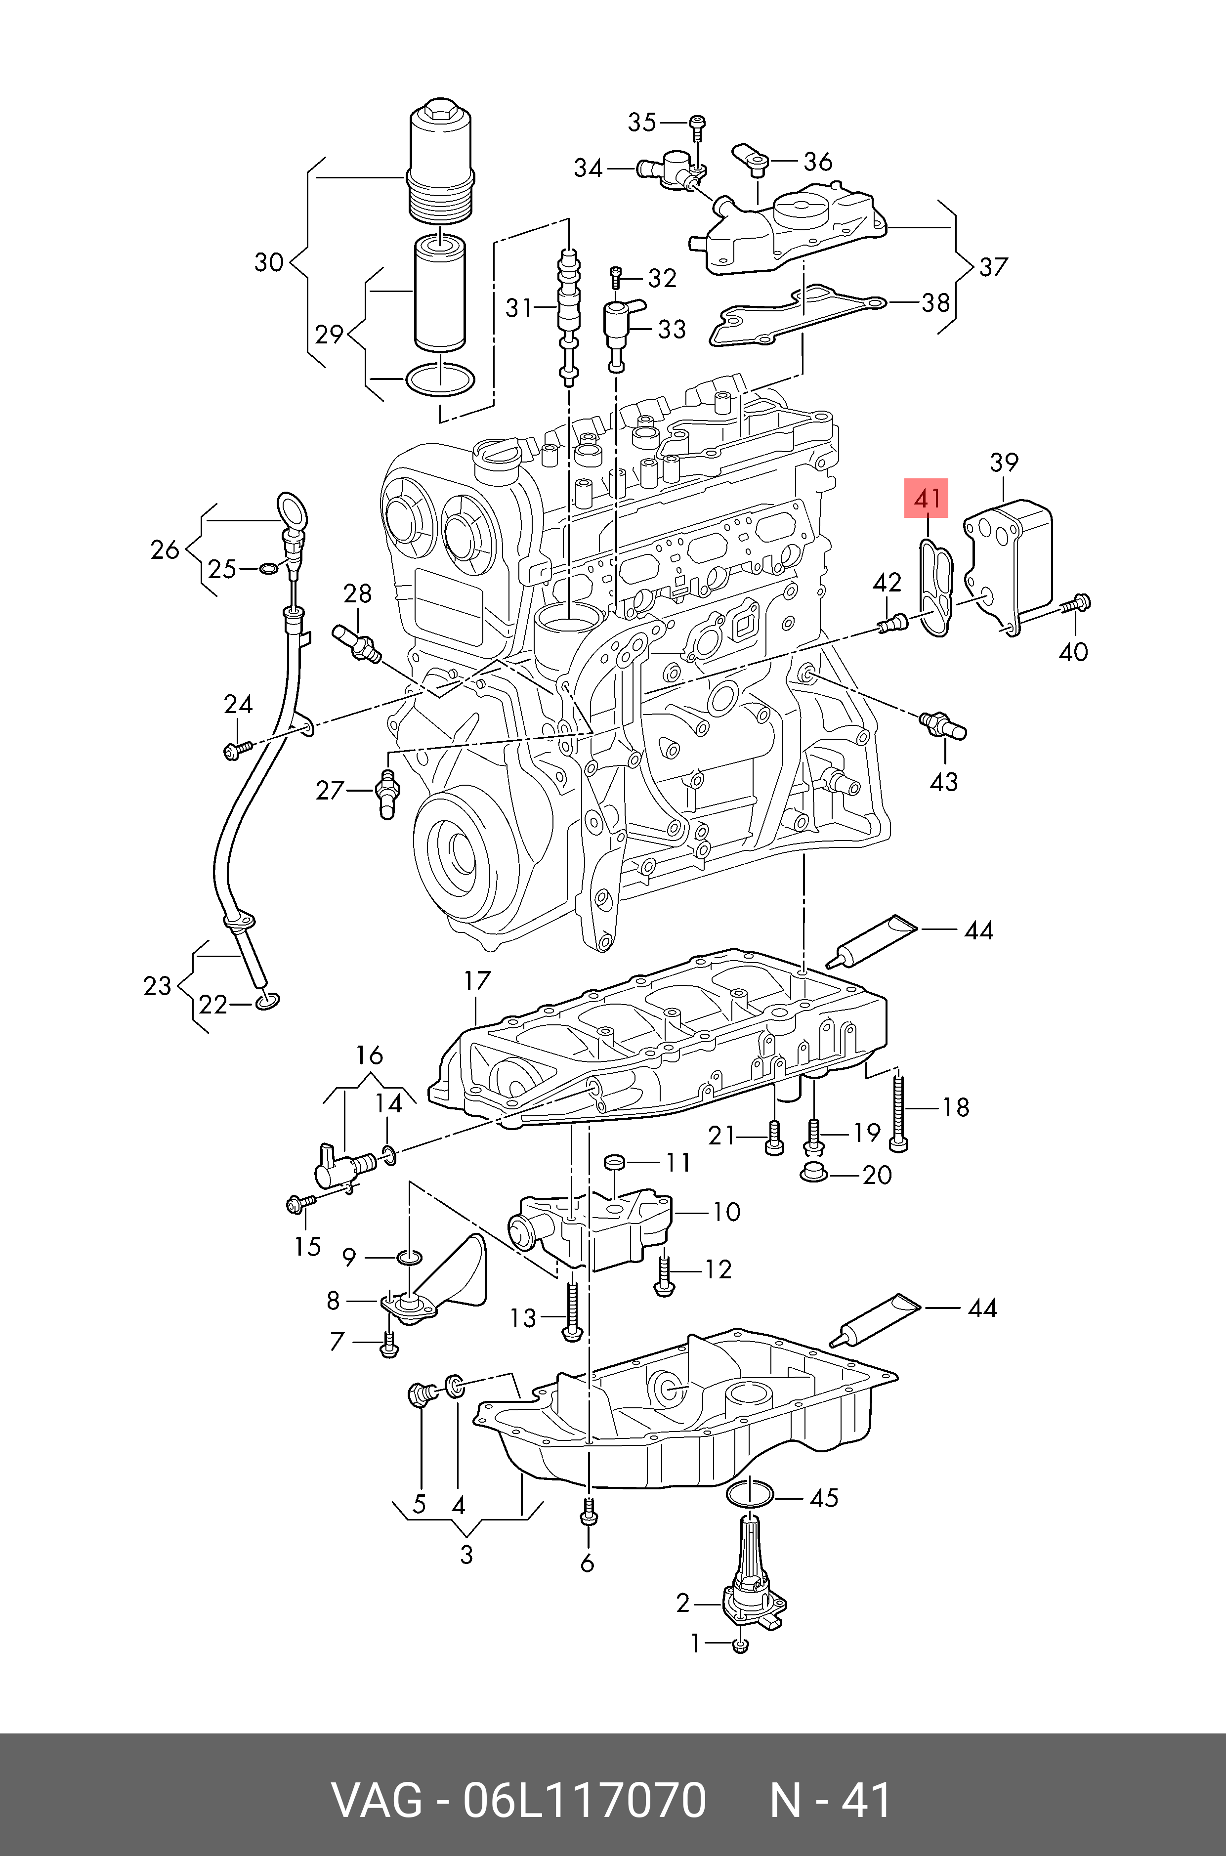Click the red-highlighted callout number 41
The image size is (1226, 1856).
927,498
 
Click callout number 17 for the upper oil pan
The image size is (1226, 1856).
477,980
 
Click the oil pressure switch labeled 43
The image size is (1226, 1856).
944,724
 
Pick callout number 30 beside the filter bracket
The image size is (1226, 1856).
268,262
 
